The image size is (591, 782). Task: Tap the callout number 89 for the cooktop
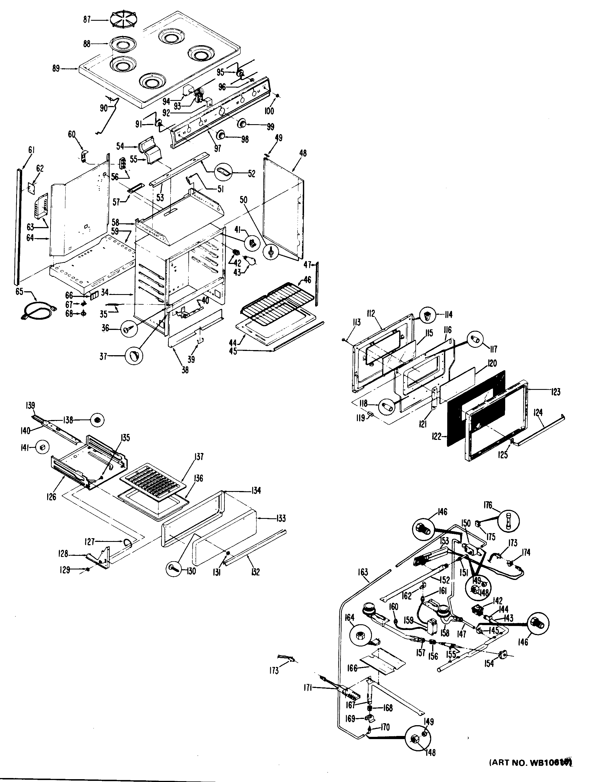(x=56, y=68)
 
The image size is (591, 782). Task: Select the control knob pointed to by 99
(x=242, y=123)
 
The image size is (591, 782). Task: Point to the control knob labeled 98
(x=222, y=135)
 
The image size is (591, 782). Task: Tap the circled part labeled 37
(x=134, y=356)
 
